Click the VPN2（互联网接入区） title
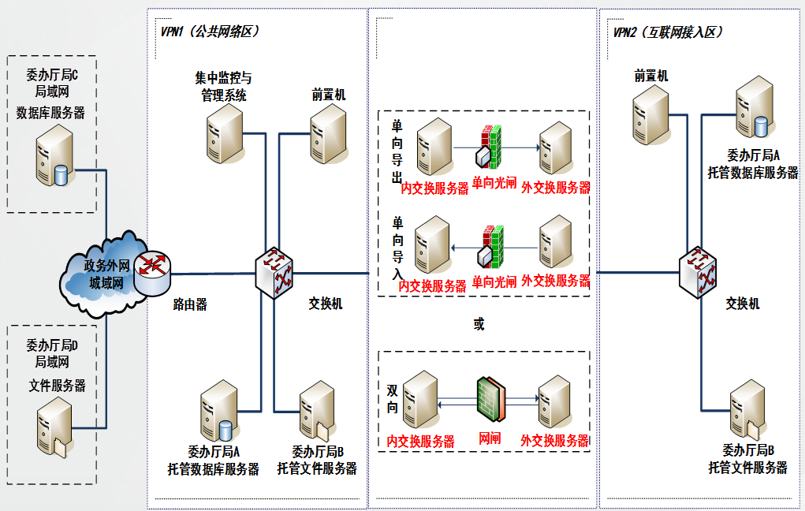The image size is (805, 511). pyautogui.click(x=668, y=32)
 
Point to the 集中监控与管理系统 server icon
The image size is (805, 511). pyautogui.click(x=225, y=134)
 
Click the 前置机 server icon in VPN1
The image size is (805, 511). pyautogui.click(x=328, y=134)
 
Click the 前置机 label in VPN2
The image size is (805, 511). pyautogui.click(x=651, y=76)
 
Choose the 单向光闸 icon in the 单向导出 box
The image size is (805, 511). pyautogui.click(x=490, y=147)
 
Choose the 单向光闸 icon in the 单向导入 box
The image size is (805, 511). pyautogui.click(x=490, y=247)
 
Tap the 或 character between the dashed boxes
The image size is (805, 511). pyautogui.click(x=479, y=324)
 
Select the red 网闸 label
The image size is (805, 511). pyautogui.click(x=490, y=439)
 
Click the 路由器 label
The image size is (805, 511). pyautogui.click(x=189, y=304)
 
